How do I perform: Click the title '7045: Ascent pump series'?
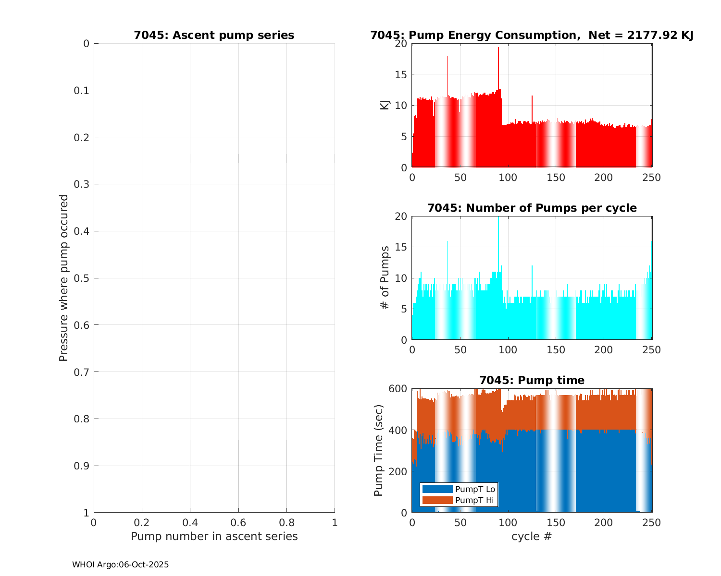[214, 36]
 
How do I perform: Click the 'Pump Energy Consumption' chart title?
[532, 36]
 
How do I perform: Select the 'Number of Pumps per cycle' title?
[532, 208]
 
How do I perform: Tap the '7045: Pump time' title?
[532, 380]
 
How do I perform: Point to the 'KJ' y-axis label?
[385, 105]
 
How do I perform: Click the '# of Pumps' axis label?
[385, 277]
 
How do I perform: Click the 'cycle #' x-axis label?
[532, 536]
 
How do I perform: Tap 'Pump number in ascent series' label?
[214, 536]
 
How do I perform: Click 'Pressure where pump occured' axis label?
[63, 277]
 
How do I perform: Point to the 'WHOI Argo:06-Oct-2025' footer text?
[120, 565]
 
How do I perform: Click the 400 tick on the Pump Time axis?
[399, 430]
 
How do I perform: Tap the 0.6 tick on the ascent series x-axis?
[238, 522]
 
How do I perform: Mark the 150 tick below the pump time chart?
[556, 523]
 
